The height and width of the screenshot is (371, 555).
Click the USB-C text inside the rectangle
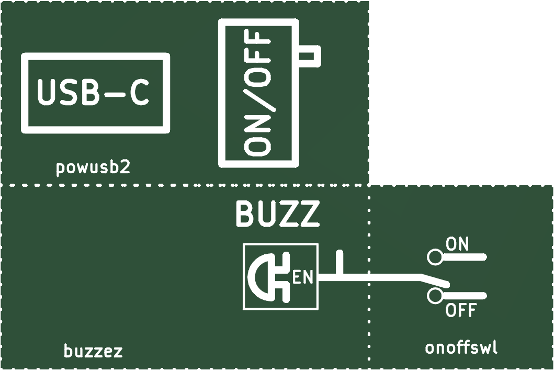93,92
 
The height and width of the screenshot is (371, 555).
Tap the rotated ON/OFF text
258,93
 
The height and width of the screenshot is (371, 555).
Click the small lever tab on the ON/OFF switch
310,56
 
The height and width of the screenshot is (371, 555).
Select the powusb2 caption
93,167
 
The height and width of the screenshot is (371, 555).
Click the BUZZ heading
277,214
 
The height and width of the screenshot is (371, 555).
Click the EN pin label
303,277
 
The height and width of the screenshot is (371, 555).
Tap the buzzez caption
93,351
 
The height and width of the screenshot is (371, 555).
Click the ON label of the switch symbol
457,244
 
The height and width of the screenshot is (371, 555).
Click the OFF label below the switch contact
460,310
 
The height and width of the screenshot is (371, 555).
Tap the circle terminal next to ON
435,257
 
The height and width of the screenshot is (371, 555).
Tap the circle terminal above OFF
435,296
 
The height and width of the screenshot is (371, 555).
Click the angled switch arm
435,279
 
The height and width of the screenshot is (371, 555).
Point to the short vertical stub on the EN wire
339,262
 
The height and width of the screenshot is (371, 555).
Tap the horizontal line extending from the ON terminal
465,257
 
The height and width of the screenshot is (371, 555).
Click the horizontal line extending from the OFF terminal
465,296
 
